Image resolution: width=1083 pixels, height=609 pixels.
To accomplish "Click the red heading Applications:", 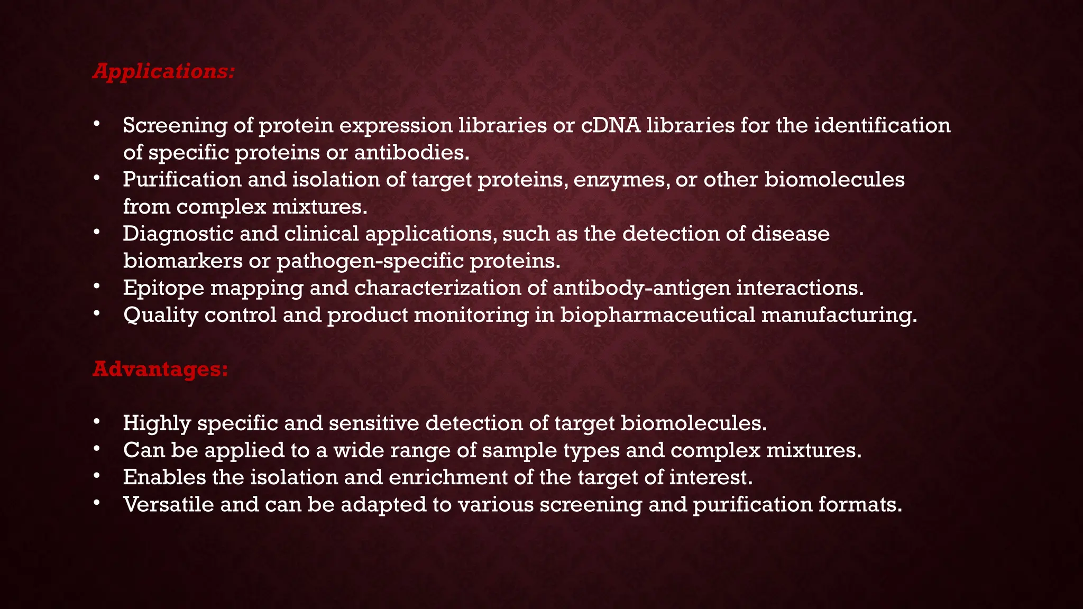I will (x=163, y=71).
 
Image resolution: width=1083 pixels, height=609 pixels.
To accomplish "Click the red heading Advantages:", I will (x=160, y=369).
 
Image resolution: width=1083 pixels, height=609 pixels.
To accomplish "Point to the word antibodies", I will (x=411, y=153).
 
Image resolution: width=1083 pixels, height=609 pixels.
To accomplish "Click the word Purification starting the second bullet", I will (x=182, y=180).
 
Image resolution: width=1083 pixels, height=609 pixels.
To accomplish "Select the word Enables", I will (x=164, y=477).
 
